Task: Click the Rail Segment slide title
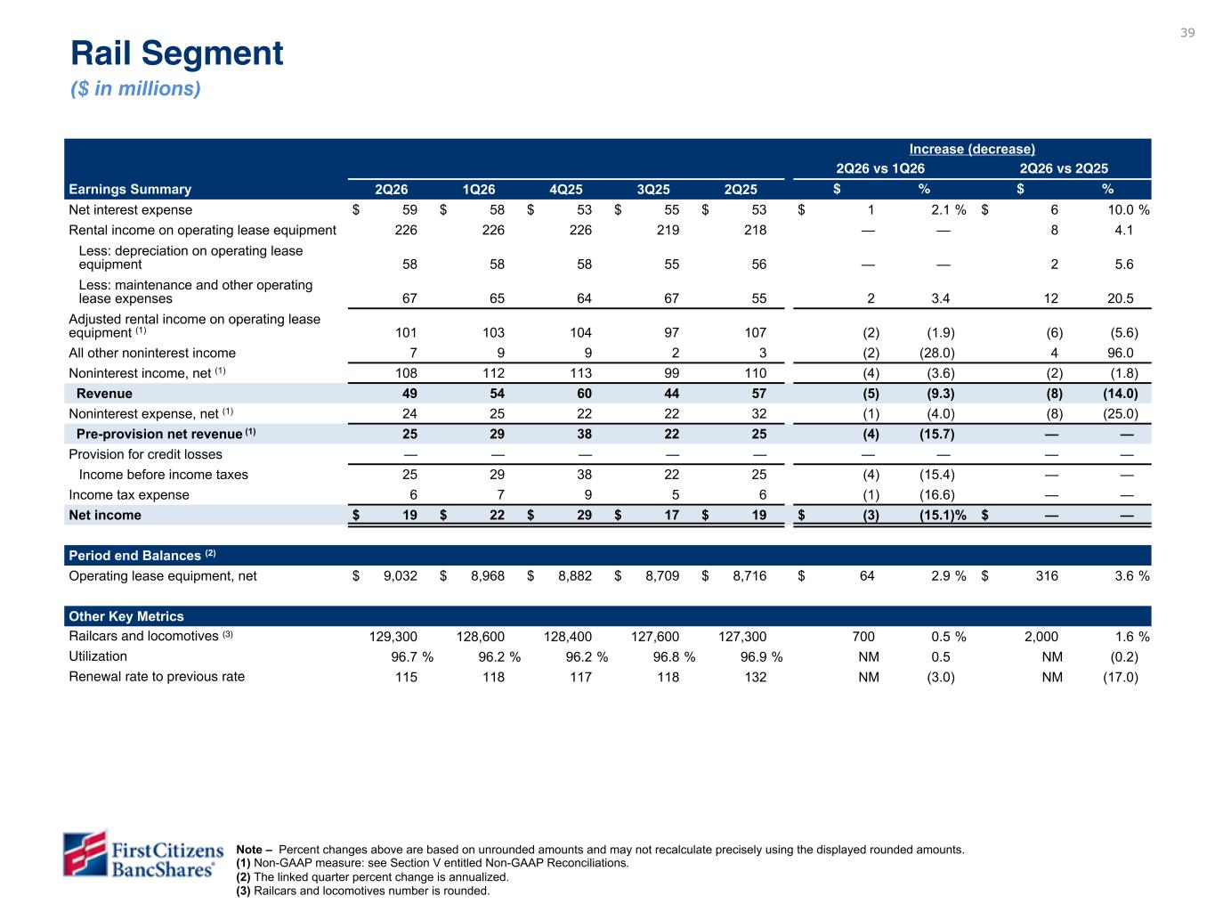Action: [176, 53]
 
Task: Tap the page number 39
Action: [1187, 33]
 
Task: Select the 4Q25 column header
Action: [565, 190]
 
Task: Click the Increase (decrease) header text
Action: [971, 149]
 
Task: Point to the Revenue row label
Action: [104, 393]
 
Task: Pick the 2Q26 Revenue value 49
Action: [409, 393]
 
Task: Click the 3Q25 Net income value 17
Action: [671, 515]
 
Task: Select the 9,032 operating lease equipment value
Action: [401, 576]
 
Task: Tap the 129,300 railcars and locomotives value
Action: [393, 637]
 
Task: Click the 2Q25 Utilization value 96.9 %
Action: [761, 656]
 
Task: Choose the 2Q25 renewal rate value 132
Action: [755, 677]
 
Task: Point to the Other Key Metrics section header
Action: [126, 616]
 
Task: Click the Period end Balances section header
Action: [142, 556]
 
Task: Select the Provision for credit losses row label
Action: [145, 454]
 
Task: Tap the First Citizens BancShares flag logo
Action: [85, 853]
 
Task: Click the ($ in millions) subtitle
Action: [135, 88]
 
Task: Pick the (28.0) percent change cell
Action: [936, 353]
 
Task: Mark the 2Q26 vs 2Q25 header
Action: [1064, 168]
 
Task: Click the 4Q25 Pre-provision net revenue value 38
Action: [584, 434]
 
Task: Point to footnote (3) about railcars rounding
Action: [363, 891]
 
